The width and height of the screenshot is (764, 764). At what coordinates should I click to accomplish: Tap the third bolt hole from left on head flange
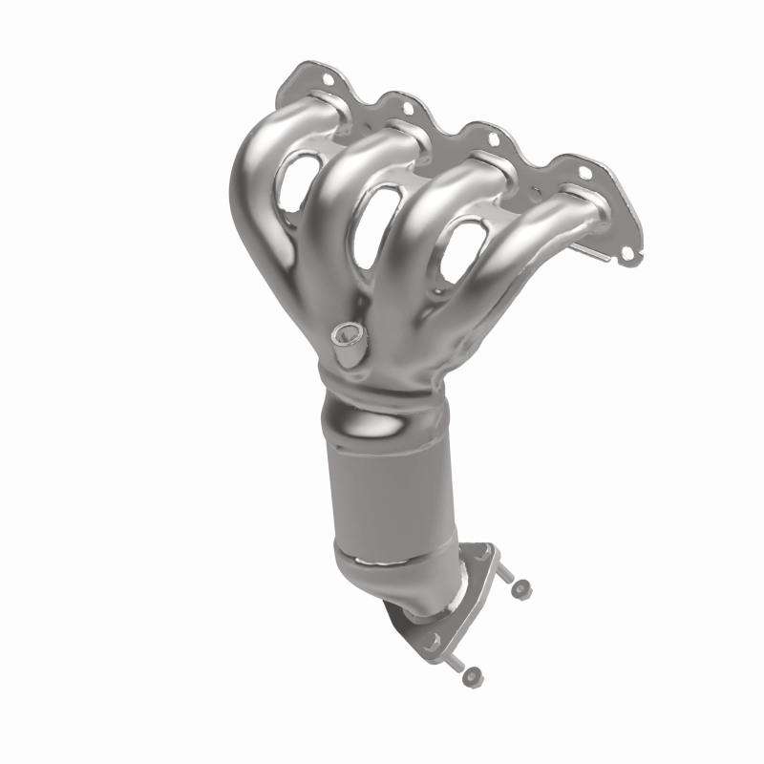pos(493,139)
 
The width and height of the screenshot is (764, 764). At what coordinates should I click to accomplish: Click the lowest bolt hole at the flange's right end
pos(626,254)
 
